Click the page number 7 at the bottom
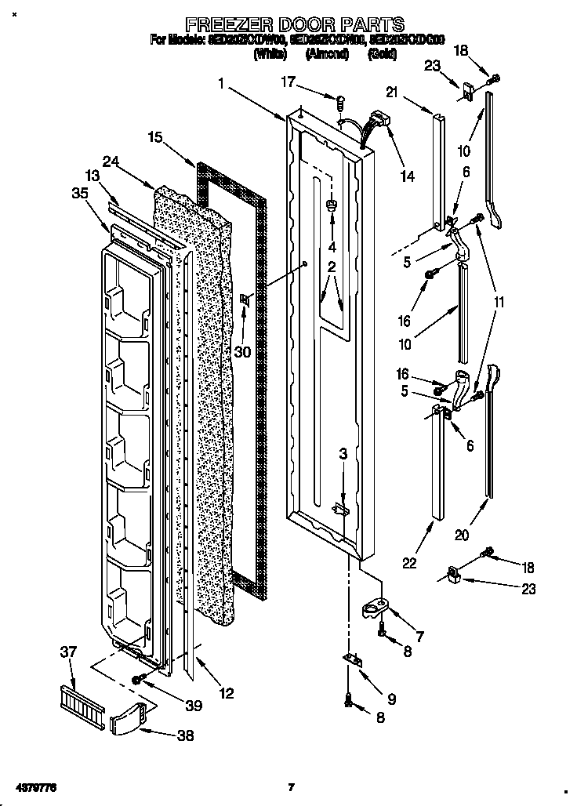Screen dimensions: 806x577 (290, 786)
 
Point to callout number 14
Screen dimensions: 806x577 (406, 176)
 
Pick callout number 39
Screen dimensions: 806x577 (191, 706)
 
